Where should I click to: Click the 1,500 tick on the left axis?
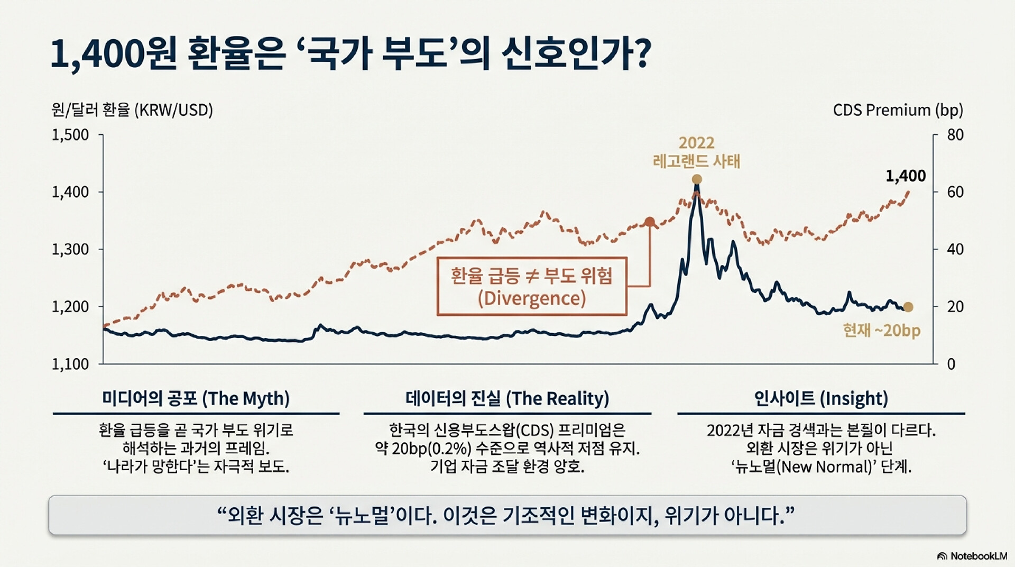pos(70,135)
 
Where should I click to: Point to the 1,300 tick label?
pos(70,249)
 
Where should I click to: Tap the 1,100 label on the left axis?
pos(70,364)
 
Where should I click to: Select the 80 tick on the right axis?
pos(955,135)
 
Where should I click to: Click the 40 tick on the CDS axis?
pos(955,249)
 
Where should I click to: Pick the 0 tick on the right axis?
pos(951,364)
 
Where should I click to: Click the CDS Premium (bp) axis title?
pos(898,110)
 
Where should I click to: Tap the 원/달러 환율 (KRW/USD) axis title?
pos(132,110)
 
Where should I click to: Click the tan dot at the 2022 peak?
pos(697,179)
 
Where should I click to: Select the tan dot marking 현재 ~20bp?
pos(908,307)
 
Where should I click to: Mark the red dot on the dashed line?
pos(650,222)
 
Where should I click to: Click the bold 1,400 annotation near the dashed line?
pos(906,176)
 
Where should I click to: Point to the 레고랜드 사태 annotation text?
pos(697,161)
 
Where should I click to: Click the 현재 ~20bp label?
pos(881,331)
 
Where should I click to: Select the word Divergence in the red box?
pos(532,298)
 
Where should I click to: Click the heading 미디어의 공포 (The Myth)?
pos(196,398)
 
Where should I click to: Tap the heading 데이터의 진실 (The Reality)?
pos(507,398)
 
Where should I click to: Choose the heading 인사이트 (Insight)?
pos(821,398)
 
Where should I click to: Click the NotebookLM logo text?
pos(978,556)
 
